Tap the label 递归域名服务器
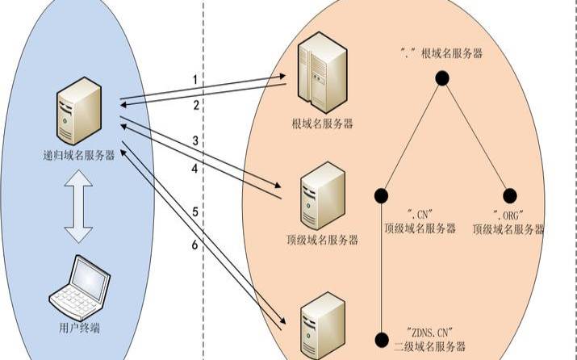[77, 156]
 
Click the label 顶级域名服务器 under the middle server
[320, 239]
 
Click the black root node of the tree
[441, 77]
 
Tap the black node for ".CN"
[381, 195]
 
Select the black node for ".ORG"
[509, 195]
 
